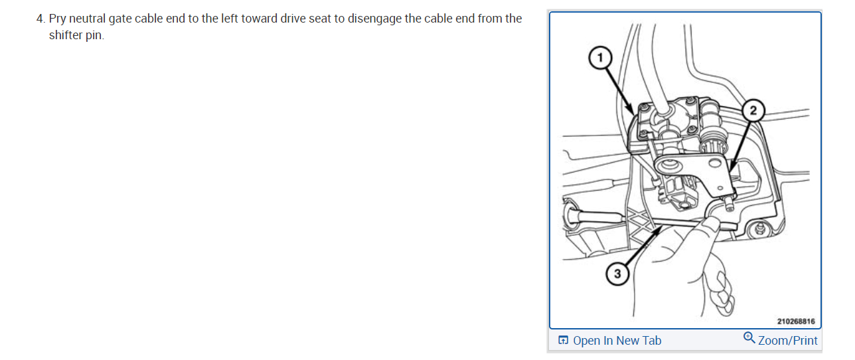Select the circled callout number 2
click(752, 110)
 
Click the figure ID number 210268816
click(795, 321)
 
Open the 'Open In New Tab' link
click(617, 341)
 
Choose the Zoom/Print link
click(787, 341)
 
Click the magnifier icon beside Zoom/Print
click(749, 338)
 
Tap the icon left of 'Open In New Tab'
click(563, 341)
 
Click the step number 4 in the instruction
click(40, 19)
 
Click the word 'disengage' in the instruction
click(374, 19)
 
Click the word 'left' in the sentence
click(228, 19)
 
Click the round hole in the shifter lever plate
click(669, 164)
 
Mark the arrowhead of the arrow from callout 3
click(660, 230)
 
